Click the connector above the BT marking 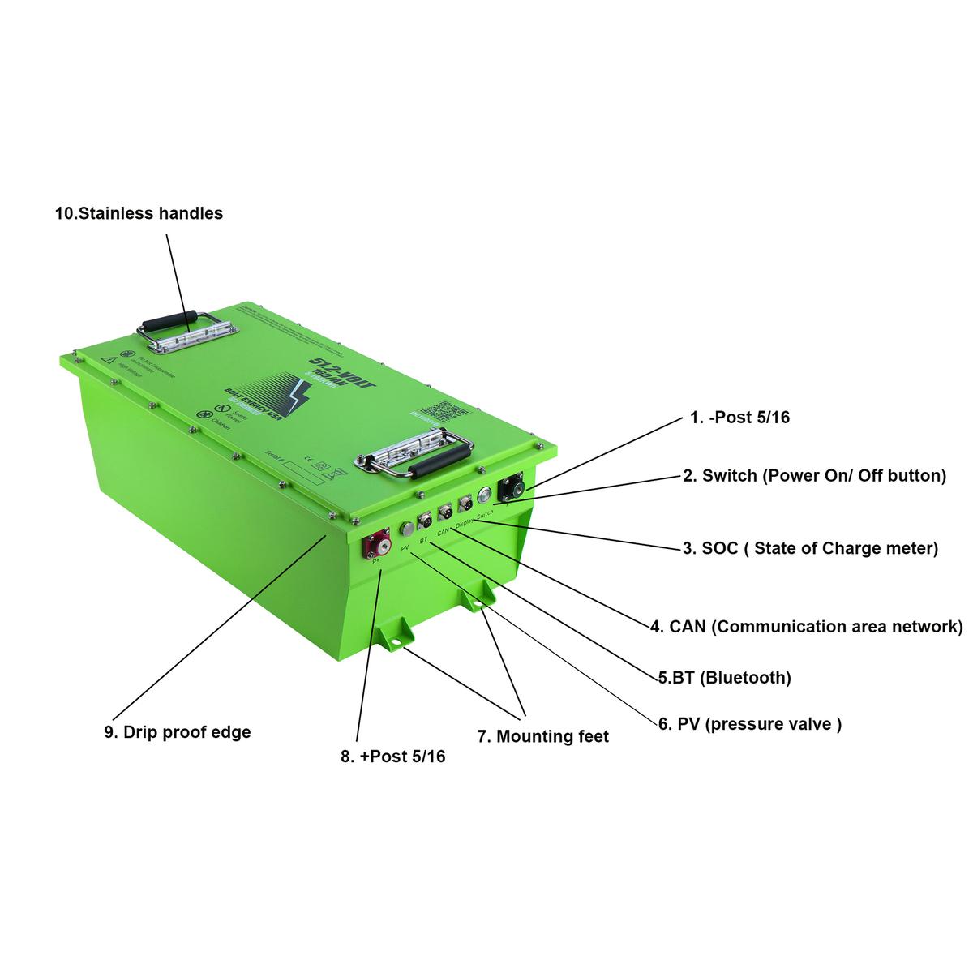coord(425,521)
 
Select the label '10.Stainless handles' coord(139,214)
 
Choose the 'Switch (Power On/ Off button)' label coord(814,476)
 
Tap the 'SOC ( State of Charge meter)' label coord(809,548)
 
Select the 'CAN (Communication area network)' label coord(806,627)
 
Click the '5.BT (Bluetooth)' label coord(724,677)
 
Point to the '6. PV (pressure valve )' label coord(749,724)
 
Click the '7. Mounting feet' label coord(542,736)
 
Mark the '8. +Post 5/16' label coord(392,757)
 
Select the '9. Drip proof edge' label coord(177,732)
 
